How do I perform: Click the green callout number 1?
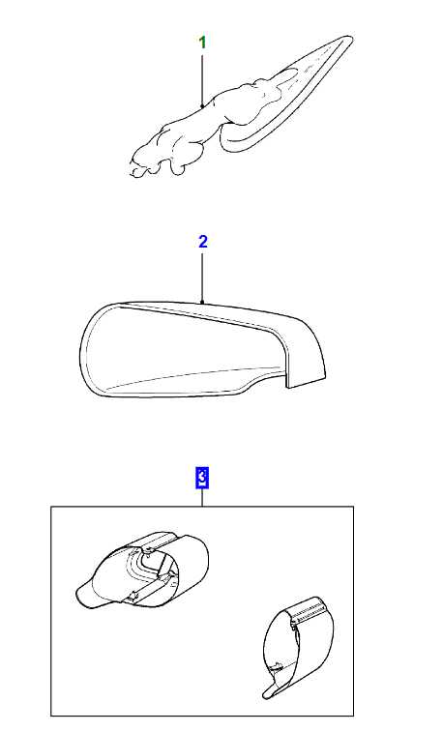coord(202,43)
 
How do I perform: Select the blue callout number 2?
coord(202,242)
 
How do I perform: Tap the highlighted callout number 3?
coord(202,479)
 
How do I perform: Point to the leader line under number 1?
coord(202,81)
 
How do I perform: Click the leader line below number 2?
coord(202,278)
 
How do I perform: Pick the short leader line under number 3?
coord(202,498)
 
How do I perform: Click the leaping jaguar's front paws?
coord(140,164)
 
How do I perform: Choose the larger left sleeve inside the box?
coord(142,571)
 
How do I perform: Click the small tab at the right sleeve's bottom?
coord(271,691)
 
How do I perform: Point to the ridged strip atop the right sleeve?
coord(309,608)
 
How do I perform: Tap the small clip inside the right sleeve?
coord(277,666)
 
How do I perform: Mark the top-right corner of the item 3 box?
coord(353,507)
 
